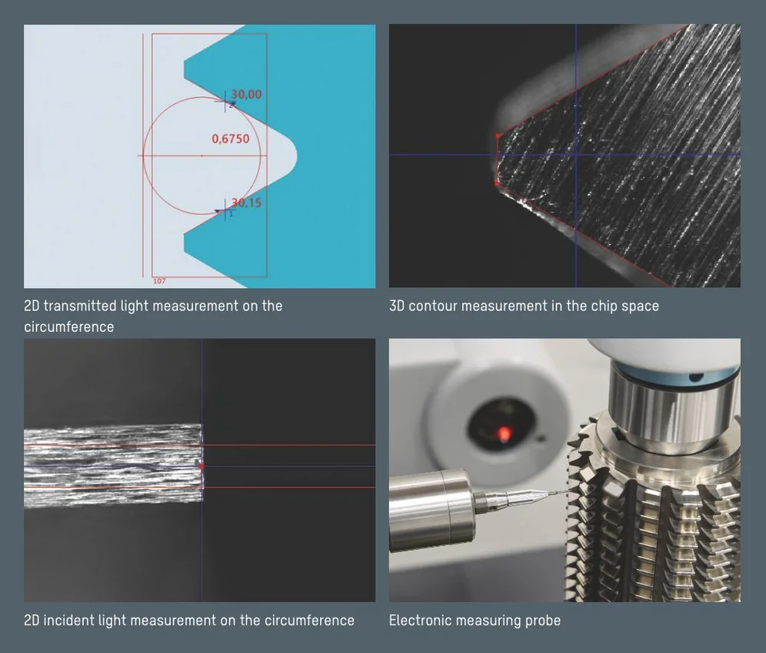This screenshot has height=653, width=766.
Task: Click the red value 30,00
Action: [x=246, y=94]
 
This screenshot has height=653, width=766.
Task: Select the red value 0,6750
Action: [x=231, y=139]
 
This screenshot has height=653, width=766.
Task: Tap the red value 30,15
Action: [x=246, y=203]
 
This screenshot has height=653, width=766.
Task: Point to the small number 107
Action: [x=159, y=281]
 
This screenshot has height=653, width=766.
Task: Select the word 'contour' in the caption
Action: [x=432, y=306]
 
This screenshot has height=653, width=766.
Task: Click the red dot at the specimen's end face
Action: [x=201, y=467]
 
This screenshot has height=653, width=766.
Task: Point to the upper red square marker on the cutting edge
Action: [x=498, y=136]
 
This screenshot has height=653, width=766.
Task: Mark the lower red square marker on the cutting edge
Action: [x=498, y=183]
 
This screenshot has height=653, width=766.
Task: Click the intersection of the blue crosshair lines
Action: [x=576, y=154]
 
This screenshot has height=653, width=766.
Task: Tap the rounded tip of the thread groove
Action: [x=295, y=155]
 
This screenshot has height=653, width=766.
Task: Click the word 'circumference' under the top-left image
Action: [x=69, y=326]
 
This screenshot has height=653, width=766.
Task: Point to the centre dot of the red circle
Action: [x=201, y=156]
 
